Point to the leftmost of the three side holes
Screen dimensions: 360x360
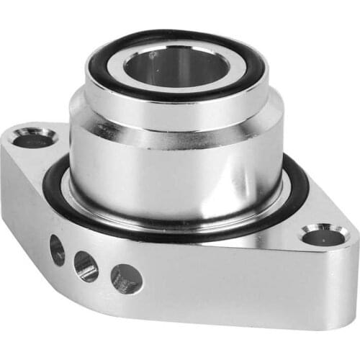pos(57,250)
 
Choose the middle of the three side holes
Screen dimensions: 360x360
pos(86,266)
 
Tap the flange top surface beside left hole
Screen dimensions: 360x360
pos(58,155)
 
